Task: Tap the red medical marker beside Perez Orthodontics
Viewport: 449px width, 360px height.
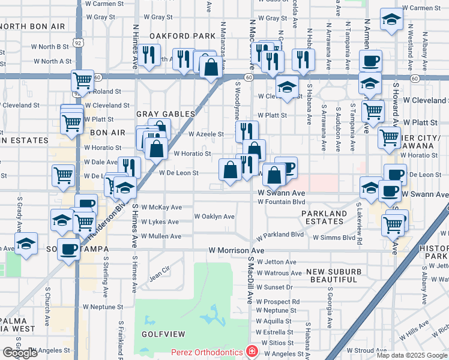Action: (253, 352)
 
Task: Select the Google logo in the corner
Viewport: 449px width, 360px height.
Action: (20, 353)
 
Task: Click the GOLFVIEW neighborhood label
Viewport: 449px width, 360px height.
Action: (161, 332)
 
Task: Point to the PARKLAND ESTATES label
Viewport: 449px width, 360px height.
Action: (324, 217)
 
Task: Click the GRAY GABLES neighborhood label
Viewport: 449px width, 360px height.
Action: (166, 114)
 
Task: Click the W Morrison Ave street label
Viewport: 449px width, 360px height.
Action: (237, 250)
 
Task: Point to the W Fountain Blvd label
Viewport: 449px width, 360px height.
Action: (282, 202)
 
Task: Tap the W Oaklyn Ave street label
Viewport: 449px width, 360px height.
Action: (214, 217)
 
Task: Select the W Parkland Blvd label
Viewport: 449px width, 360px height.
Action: (280, 235)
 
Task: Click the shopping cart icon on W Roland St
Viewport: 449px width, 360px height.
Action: (82, 80)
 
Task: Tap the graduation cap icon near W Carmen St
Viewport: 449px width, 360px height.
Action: (391, 20)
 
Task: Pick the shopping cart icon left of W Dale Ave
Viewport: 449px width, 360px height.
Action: (62, 175)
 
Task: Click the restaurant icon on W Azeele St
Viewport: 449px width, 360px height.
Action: (247, 131)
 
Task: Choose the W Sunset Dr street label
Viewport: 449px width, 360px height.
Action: (274, 287)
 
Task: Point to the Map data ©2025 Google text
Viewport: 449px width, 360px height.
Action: (411, 355)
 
